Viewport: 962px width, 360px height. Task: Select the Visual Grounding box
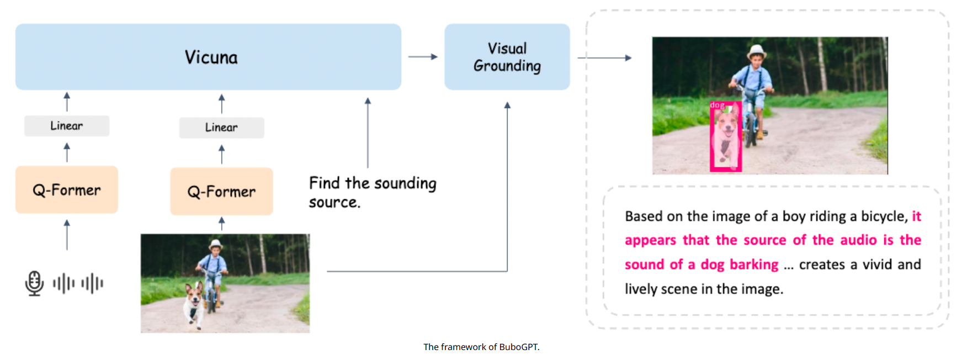click(507, 57)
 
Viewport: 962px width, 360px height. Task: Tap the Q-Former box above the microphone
click(67, 190)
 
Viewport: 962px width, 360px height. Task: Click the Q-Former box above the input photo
click(221, 192)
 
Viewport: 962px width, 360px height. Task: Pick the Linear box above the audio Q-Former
click(67, 126)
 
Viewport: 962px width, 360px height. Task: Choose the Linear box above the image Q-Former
click(221, 128)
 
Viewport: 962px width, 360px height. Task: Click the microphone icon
click(34, 283)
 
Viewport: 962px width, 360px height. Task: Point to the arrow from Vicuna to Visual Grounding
click(423, 56)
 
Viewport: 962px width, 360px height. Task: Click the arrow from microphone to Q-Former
click(67, 235)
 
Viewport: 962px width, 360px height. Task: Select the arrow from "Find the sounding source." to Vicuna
click(368, 133)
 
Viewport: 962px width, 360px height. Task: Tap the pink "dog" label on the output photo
click(717, 105)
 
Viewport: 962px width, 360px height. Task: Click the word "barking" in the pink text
click(754, 264)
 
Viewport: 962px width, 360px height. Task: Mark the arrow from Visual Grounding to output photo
click(604, 57)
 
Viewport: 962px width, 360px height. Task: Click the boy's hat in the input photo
click(215, 243)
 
